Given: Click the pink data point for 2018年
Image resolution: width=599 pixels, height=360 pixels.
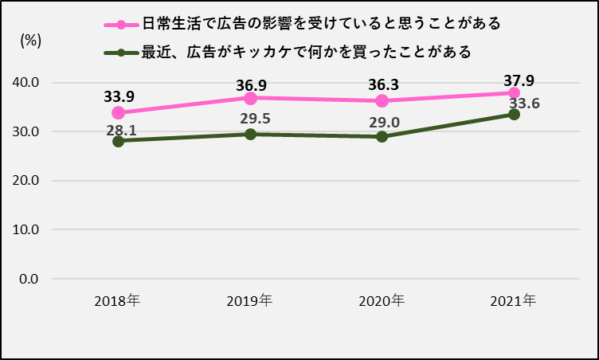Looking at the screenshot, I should (x=118, y=112).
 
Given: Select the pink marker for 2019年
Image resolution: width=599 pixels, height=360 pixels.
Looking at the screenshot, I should (x=250, y=98).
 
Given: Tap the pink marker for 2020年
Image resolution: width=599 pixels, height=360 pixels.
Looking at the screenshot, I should (x=382, y=101).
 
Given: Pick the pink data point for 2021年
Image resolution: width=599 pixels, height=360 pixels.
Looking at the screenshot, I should (x=514, y=93).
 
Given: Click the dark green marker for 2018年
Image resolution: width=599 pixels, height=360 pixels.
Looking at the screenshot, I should (x=118, y=141).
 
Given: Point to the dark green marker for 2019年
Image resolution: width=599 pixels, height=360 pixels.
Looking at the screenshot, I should (x=250, y=134).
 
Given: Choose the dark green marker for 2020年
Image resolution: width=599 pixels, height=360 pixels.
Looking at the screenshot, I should (x=382, y=136).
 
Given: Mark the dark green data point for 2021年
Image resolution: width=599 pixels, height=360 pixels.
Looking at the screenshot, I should (x=514, y=114).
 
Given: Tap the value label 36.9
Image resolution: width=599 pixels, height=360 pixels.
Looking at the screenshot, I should (x=250, y=82).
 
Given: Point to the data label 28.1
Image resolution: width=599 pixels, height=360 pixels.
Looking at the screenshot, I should (x=122, y=129).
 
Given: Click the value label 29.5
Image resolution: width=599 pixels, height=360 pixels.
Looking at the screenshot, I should (x=254, y=119).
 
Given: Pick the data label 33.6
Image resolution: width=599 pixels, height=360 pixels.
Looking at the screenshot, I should (x=525, y=104).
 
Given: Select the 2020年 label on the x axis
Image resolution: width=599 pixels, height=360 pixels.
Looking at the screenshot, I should (x=382, y=301).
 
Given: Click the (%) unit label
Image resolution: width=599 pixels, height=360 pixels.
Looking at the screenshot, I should (x=30, y=42).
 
